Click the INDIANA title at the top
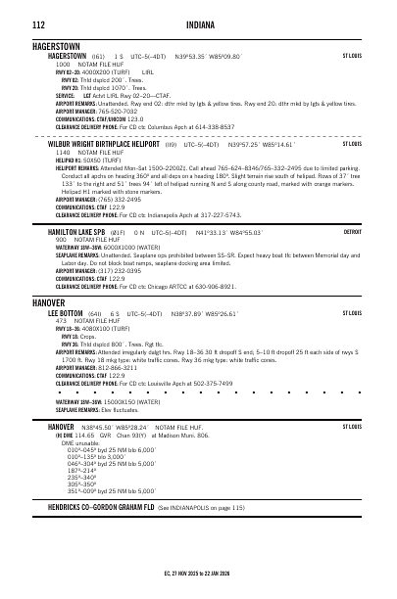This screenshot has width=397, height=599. (x=198, y=23)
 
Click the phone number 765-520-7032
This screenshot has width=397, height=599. (x=110, y=111)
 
